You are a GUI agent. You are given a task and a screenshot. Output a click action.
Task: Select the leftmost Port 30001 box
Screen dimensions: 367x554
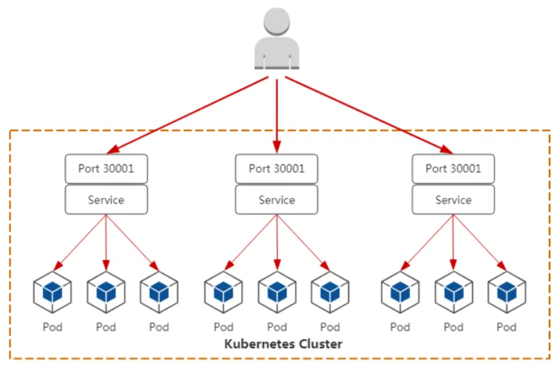tap(106, 168)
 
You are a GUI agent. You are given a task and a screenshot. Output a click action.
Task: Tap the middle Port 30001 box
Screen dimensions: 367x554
tap(277, 168)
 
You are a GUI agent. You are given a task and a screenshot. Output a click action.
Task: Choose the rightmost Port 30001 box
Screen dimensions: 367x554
tap(453, 168)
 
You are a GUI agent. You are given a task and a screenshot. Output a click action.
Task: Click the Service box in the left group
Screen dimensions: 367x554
tap(106, 200)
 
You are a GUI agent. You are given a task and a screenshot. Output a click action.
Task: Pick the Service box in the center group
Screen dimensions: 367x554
tap(277, 200)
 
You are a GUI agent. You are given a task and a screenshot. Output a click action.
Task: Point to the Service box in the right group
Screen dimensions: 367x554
tap(453, 200)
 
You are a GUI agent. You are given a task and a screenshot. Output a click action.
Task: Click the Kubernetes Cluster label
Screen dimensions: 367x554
tap(283, 344)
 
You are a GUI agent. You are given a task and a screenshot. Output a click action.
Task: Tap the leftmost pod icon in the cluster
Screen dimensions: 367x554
tap(52, 292)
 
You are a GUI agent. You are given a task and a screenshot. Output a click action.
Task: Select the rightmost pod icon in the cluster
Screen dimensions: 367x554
tap(507, 292)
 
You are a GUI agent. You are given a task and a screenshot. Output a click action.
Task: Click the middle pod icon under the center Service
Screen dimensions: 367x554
tap(277, 292)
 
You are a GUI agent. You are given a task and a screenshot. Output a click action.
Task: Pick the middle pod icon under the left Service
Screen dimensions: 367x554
tap(106, 292)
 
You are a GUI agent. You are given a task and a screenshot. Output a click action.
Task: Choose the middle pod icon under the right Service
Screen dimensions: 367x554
tap(453, 292)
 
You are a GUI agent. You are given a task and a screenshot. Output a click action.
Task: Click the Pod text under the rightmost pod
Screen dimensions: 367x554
tap(507, 327)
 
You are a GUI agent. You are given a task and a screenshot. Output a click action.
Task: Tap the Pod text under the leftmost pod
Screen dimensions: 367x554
tap(52, 327)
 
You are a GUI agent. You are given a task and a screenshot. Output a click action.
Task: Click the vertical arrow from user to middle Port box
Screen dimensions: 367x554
tap(277, 114)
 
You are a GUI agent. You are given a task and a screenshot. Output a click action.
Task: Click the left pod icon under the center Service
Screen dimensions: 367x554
tap(223, 292)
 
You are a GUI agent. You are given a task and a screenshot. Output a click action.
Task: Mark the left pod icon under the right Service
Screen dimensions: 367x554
tap(400, 292)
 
